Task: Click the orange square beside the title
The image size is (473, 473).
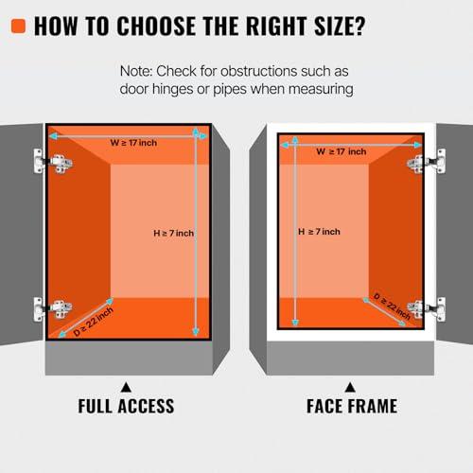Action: coord(18,26)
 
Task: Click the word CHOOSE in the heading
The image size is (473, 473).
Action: coord(156,26)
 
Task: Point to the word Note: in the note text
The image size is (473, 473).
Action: coord(136,71)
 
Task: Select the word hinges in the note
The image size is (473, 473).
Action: coord(172,90)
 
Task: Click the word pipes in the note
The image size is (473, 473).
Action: coord(230,90)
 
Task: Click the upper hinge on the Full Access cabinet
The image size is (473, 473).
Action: coord(53,162)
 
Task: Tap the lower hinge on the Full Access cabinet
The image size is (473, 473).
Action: coord(53,309)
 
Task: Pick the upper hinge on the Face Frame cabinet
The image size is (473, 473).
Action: coord(427,162)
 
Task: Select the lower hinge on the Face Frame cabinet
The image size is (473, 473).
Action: coord(427,309)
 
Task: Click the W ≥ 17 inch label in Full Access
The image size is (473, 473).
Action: coord(133,143)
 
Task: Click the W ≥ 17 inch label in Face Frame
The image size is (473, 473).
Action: coord(342,151)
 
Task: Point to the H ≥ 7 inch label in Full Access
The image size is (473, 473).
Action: coord(173,234)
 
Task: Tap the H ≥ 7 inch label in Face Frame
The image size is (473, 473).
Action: coord(319,232)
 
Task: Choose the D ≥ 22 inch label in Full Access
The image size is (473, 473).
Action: coord(93,322)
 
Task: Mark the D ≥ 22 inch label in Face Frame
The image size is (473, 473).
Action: coord(392,307)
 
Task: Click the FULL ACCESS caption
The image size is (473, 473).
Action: coord(126,406)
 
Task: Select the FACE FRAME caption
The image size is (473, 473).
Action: coord(352,406)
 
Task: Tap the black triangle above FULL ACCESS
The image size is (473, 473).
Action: coord(126,387)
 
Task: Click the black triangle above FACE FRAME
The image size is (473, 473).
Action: coord(350,387)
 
